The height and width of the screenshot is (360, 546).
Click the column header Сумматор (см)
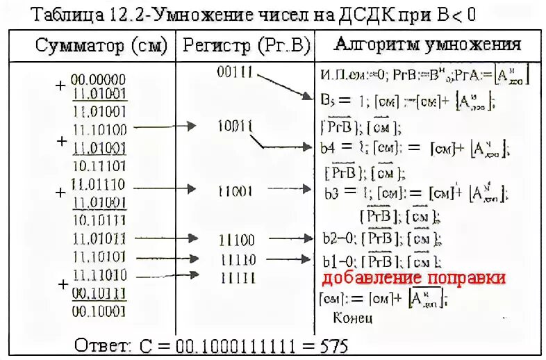pyautogui.click(x=101, y=46)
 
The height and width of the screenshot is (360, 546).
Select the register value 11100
pyautogui.click(x=236, y=240)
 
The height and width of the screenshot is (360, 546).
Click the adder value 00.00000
pyautogui.click(x=98, y=79)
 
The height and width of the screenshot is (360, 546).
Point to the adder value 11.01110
pyautogui.click(x=98, y=185)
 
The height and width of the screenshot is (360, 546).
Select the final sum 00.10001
pyautogui.click(x=98, y=311)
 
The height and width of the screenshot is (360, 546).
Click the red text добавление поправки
pyautogui.click(x=413, y=278)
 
